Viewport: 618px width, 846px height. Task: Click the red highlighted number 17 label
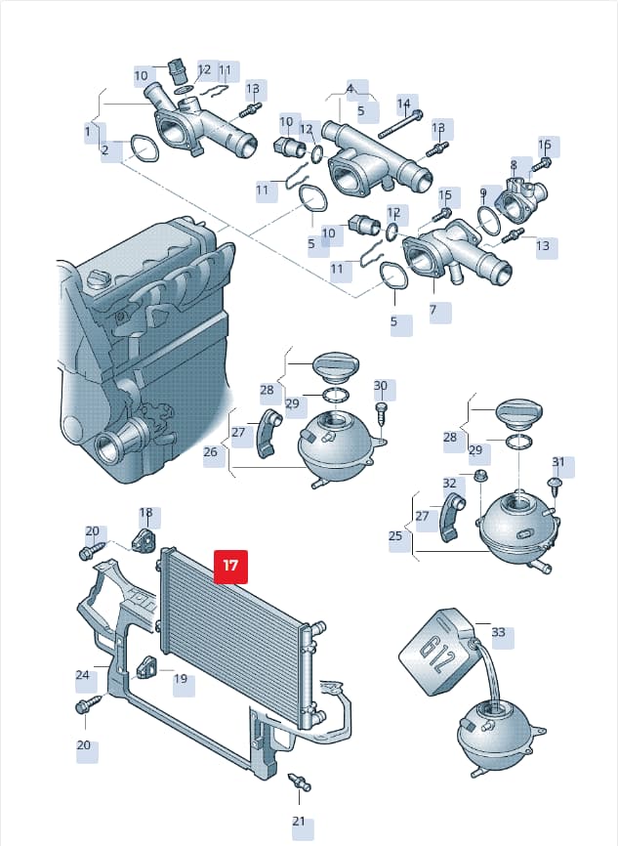(230, 566)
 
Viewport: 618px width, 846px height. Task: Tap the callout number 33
(498, 631)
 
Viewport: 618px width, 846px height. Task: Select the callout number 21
(299, 822)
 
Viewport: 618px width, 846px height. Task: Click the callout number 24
(83, 674)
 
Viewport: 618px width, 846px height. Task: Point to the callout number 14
(404, 103)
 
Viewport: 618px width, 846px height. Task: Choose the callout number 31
(558, 462)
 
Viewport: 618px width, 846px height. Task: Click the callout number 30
(381, 385)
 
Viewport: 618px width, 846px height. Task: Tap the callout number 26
(210, 451)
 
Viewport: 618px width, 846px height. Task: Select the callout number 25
(395, 535)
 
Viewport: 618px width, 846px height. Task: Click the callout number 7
(433, 310)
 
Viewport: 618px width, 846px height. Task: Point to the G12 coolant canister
(436, 651)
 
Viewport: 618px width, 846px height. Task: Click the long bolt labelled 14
(400, 124)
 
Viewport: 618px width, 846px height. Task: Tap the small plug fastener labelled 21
(300, 783)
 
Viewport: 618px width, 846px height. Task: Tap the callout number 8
(514, 164)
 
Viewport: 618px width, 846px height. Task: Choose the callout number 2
(104, 148)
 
